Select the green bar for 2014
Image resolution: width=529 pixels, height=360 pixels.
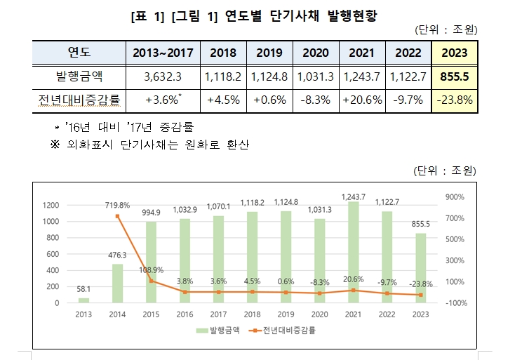tap(118, 283)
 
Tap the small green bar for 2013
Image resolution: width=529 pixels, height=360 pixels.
tap(84, 300)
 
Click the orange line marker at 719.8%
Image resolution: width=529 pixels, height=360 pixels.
tap(118, 217)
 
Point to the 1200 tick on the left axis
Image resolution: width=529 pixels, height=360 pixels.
tap(51, 205)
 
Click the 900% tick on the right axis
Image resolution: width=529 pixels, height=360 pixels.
tap(455, 197)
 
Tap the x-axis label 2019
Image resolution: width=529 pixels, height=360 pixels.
tap(286, 314)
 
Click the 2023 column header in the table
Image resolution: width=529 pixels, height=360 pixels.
tap(455, 53)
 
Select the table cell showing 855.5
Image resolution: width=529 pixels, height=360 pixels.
tap(455, 76)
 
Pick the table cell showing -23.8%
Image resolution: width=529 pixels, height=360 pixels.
tap(455, 100)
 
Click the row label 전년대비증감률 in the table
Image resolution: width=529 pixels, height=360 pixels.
tap(79, 100)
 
